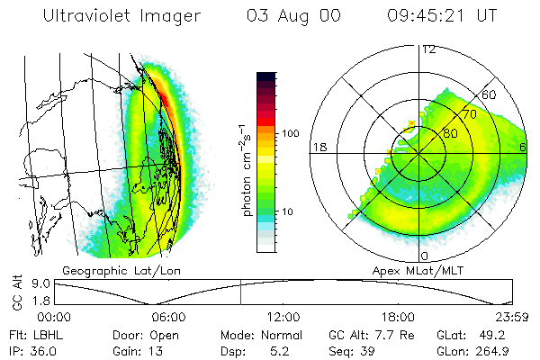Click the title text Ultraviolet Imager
pyautogui.click(x=116, y=16)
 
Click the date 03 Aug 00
pyautogui.click(x=288, y=16)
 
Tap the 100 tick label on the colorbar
pyautogui.click(x=290, y=133)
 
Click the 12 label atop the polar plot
pyautogui.click(x=428, y=49)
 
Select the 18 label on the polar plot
pyautogui.click(x=318, y=147)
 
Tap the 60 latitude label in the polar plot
pyautogui.click(x=490, y=94)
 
